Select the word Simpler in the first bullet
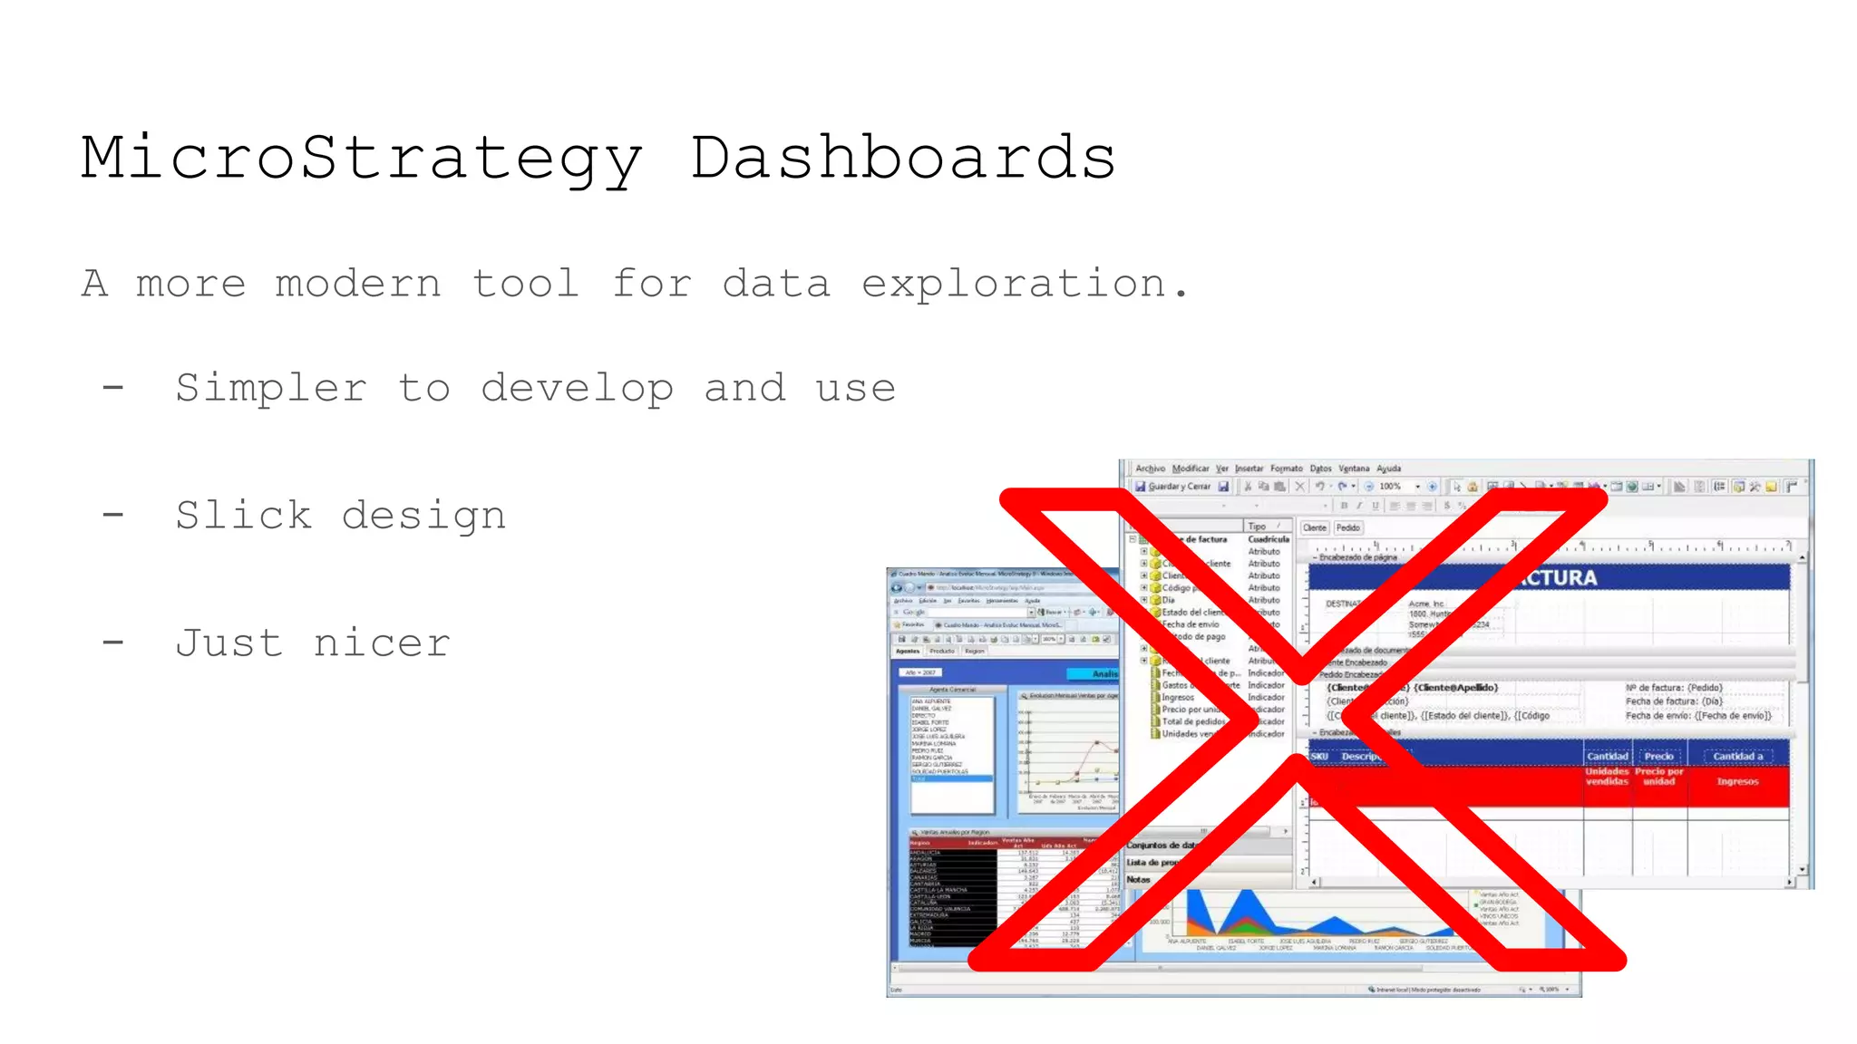click(271, 389)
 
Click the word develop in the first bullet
click(577, 389)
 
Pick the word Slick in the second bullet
click(243, 516)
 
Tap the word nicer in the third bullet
click(382, 643)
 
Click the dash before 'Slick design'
click(113, 516)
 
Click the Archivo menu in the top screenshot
click(1150, 469)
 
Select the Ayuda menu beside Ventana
click(1388, 469)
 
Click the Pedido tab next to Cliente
click(1347, 527)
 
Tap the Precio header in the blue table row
click(1658, 756)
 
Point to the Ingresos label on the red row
click(1736, 781)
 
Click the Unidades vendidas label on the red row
click(1607, 777)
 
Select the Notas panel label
click(1138, 879)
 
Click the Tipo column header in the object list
click(1257, 527)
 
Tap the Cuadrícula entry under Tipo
click(1268, 539)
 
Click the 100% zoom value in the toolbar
click(1389, 487)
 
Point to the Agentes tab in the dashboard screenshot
click(908, 651)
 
